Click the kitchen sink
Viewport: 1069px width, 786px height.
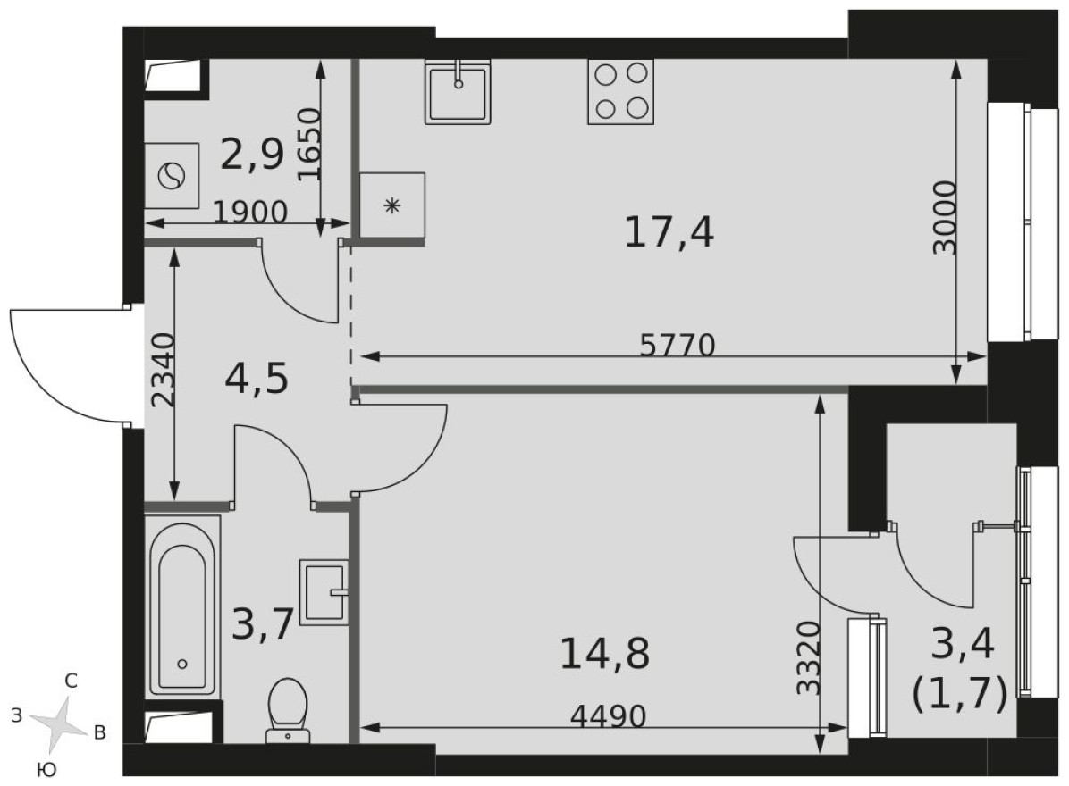(459, 91)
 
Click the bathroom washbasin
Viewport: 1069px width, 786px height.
(324, 591)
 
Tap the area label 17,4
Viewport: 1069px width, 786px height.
(669, 233)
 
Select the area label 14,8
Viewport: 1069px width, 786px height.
(604, 654)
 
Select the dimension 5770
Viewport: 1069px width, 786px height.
(678, 345)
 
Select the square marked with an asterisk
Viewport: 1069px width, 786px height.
(391, 206)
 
